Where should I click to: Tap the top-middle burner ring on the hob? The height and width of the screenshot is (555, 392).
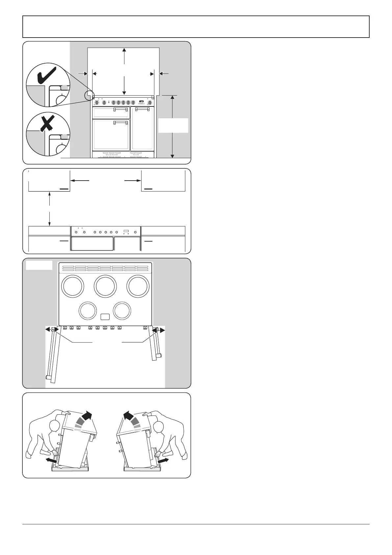(105, 286)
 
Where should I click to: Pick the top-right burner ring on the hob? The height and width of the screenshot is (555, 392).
(139, 286)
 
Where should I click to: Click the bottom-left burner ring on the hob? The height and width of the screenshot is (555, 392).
(88, 311)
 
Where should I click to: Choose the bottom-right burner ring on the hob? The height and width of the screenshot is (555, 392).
(121, 311)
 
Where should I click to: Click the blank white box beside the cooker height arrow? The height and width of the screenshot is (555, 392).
(173, 126)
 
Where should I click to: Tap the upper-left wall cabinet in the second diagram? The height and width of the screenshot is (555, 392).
(49, 181)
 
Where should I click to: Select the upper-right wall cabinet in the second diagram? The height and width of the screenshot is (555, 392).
(163, 181)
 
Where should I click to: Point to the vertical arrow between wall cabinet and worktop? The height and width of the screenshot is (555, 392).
(49, 209)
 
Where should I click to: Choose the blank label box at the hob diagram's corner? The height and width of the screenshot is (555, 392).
(39, 265)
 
